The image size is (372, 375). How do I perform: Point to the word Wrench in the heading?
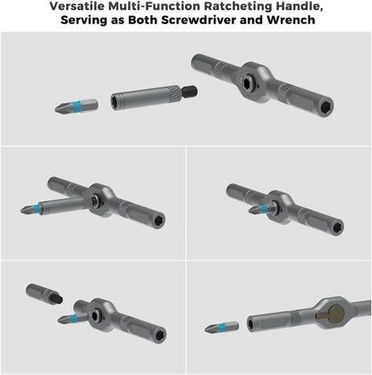pyautogui.click(x=292, y=20)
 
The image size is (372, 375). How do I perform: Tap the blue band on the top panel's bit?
pyautogui.click(x=81, y=104)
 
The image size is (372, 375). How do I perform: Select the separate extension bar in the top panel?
pyautogui.click(x=144, y=96)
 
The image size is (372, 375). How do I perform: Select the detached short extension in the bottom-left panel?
pyautogui.click(x=42, y=296)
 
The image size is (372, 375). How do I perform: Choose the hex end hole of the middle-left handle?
pyautogui.click(x=158, y=221)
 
